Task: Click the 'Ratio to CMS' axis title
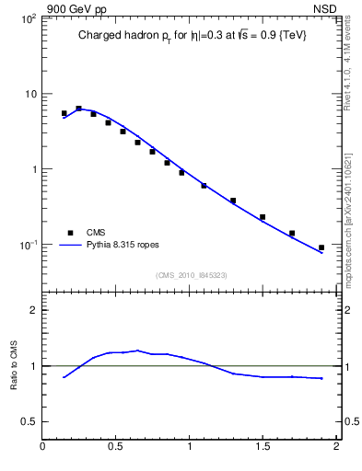coord(14,364)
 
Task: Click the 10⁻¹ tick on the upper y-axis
coord(28,245)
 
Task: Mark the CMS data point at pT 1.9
coord(321,247)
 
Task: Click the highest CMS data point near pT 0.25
coord(79,109)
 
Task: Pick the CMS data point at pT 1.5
coord(263,217)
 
